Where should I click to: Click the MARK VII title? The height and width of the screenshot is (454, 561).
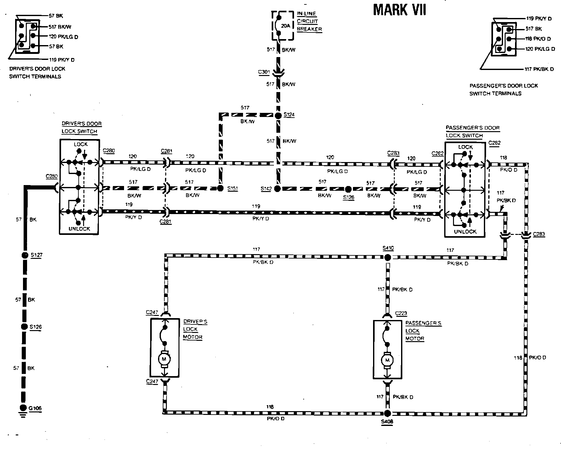399,10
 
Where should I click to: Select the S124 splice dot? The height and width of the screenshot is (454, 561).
278,115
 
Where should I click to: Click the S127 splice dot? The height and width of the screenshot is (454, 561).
24,255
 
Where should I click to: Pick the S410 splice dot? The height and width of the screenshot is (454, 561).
388,257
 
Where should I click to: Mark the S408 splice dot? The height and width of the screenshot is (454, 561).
388,413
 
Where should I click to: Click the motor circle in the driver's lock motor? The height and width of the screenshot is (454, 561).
164,359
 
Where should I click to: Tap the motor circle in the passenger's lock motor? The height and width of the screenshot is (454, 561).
387,360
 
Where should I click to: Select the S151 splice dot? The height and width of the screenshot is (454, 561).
221,189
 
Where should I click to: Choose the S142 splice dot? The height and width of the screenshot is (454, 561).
277,189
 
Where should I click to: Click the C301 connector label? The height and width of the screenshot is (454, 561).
264,72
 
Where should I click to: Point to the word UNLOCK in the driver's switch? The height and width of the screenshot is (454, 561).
79,229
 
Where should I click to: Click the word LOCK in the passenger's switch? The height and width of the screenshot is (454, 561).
465,147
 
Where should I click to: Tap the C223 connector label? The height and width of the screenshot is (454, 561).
401,313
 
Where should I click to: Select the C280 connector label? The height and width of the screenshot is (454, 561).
109,151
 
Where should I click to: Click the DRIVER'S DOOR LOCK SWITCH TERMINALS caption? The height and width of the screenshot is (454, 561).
37,73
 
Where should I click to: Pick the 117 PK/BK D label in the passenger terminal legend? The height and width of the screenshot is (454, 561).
539,69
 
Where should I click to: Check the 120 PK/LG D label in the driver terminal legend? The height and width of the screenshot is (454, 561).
63,37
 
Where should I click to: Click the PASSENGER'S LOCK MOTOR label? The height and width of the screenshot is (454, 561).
423,331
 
